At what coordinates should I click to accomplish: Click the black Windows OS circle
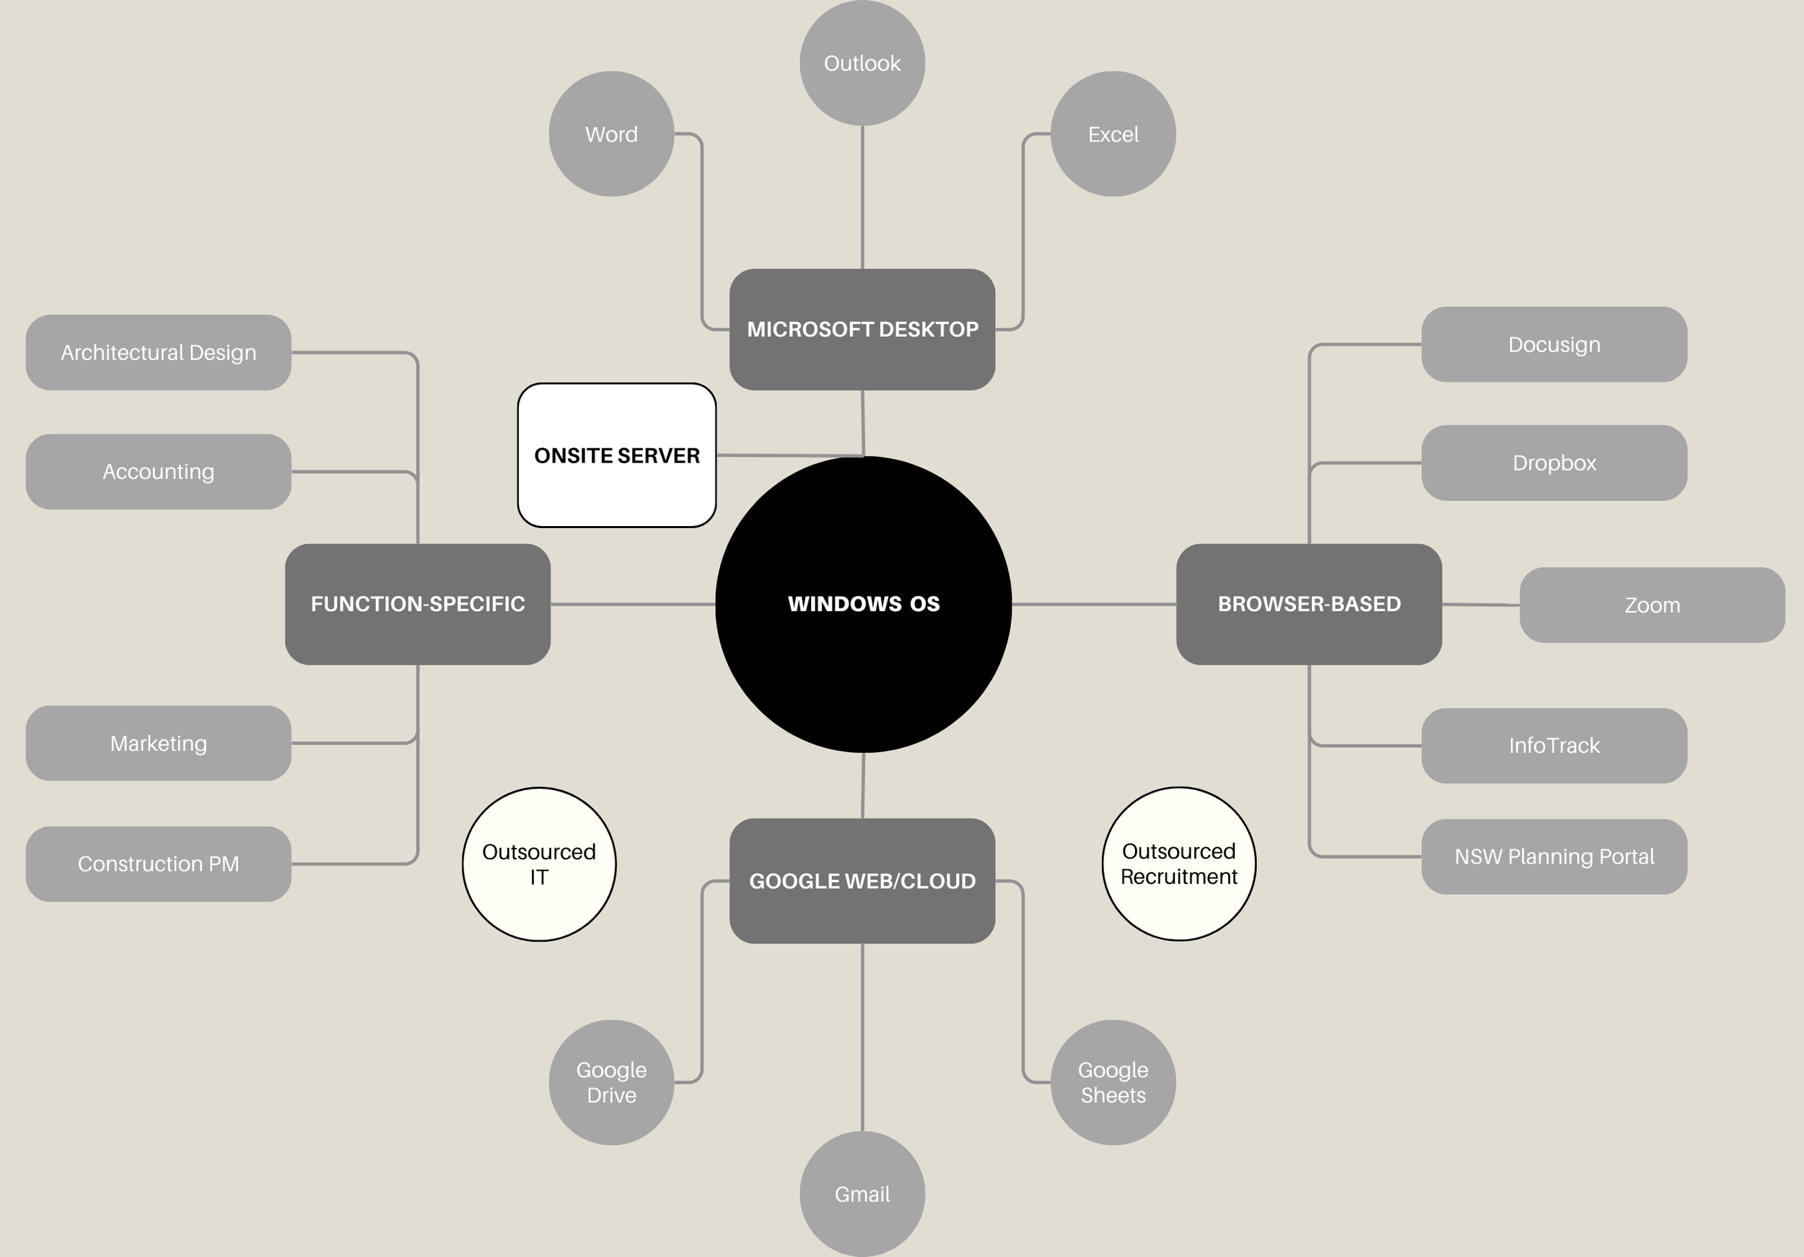(863, 604)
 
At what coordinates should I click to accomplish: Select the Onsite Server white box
(617, 455)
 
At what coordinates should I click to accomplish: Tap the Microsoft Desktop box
(862, 329)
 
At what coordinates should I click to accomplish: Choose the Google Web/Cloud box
(862, 880)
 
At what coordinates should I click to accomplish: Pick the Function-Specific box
(417, 604)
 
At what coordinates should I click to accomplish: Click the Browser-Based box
(1308, 604)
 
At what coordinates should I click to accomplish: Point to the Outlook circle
(862, 63)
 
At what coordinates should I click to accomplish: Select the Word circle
(611, 134)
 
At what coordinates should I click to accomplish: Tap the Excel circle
(1113, 134)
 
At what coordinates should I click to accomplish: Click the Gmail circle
(862, 1194)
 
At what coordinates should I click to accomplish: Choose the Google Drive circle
(611, 1082)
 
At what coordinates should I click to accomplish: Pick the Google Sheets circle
(1113, 1082)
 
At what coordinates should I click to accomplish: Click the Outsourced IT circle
(539, 864)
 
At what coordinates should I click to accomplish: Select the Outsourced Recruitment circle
(1178, 864)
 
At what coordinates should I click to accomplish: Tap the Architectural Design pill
(159, 353)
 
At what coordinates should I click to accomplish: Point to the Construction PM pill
(159, 864)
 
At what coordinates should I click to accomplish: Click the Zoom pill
(1652, 605)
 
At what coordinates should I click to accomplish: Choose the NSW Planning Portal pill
(1554, 857)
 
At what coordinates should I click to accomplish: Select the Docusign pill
(1554, 345)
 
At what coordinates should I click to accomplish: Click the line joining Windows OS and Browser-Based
(1094, 604)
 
